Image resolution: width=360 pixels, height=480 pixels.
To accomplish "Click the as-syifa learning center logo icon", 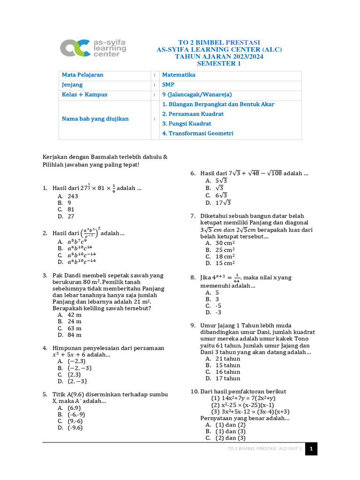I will pyautogui.click(x=75, y=47).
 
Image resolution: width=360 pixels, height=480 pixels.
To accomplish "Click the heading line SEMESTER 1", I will pyautogui.click(x=218, y=63).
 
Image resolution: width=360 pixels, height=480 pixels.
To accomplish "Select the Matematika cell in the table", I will pyautogui.click(x=179, y=75).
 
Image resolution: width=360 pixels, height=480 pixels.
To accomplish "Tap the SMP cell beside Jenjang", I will pyautogui.click(x=167, y=85).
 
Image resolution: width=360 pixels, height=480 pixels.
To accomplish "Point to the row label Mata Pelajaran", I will pyautogui.click(x=82, y=75).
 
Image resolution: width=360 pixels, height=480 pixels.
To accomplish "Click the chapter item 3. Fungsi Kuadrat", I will pyautogui.click(x=187, y=124).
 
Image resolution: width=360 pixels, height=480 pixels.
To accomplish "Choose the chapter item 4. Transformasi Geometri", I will pyautogui.click(x=197, y=134).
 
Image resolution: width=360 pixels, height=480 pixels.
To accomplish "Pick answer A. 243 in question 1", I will pyautogui.click(x=68, y=196).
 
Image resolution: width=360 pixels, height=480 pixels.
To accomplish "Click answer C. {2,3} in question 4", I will pyautogui.click(x=69, y=375).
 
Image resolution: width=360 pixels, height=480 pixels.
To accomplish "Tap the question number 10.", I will pyautogui.click(x=195, y=392).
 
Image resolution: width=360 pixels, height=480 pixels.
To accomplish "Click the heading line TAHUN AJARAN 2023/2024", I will pyautogui.click(x=218, y=56).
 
